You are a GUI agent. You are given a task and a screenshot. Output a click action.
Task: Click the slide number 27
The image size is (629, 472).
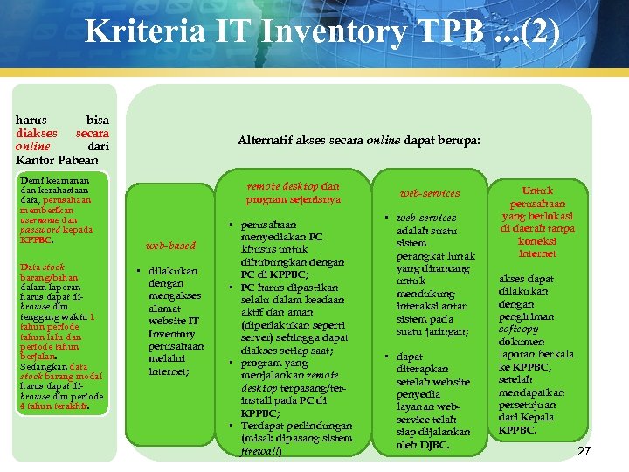coord(584,451)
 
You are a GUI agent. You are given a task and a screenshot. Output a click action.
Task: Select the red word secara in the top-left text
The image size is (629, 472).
coord(92,133)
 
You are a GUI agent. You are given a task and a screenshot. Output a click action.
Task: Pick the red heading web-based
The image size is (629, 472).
coord(170,246)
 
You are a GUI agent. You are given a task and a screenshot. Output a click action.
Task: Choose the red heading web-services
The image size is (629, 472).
coord(429,193)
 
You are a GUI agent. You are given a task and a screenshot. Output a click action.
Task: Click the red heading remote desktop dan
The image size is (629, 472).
coord(294,186)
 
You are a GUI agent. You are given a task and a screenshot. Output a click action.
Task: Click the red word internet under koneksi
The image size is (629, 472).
coord(537,253)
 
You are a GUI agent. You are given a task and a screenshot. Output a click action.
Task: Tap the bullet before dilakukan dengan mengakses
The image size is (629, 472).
coord(140,271)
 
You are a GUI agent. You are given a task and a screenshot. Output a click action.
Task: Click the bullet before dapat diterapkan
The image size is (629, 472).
coord(385,357)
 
